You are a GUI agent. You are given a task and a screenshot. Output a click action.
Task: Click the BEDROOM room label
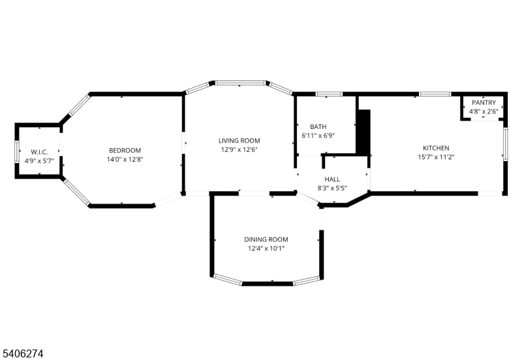pyautogui.click(x=125, y=151)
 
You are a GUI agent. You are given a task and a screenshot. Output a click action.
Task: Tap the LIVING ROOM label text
pyautogui.click(x=239, y=140)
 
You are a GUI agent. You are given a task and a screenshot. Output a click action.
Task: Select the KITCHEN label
pyautogui.click(x=436, y=148)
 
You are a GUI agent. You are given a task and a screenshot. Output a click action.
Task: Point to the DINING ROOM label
pyautogui.click(x=266, y=239)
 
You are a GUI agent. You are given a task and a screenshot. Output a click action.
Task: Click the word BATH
pyautogui.click(x=318, y=127)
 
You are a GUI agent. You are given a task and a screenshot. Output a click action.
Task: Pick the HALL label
pyautogui.click(x=333, y=179)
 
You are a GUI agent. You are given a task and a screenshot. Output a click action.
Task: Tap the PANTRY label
pyautogui.click(x=484, y=103)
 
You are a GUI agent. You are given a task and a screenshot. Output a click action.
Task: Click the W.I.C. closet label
pyautogui.click(x=40, y=151)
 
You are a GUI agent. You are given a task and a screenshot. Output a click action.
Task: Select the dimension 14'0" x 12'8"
pyautogui.click(x=125, y=159)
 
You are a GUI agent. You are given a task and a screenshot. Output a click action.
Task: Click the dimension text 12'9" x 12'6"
pyautogui.click(x=239, y=149)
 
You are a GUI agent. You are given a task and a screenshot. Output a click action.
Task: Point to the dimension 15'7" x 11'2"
pyautogui.click(x=436, y=157)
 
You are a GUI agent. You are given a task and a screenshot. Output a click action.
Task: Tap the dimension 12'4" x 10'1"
pyautogui.click(x=266, y=248)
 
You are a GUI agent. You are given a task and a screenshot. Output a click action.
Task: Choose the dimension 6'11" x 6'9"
pyautogui.click(x=318, y=136)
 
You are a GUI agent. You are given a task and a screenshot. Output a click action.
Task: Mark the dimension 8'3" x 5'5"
pyautogui.click(x=333, y=188)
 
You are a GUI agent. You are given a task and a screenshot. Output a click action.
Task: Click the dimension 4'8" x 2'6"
pyautogui.click(x=484, y=112)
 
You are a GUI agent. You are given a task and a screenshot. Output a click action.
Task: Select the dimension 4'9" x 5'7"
pyautogui.click(x=40, y=160)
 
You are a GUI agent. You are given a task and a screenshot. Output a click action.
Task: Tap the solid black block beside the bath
pyautogui.click(x=363, y=132)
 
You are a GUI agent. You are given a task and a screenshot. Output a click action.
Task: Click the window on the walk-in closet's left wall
pyautogui.click(x=17, y=151)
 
